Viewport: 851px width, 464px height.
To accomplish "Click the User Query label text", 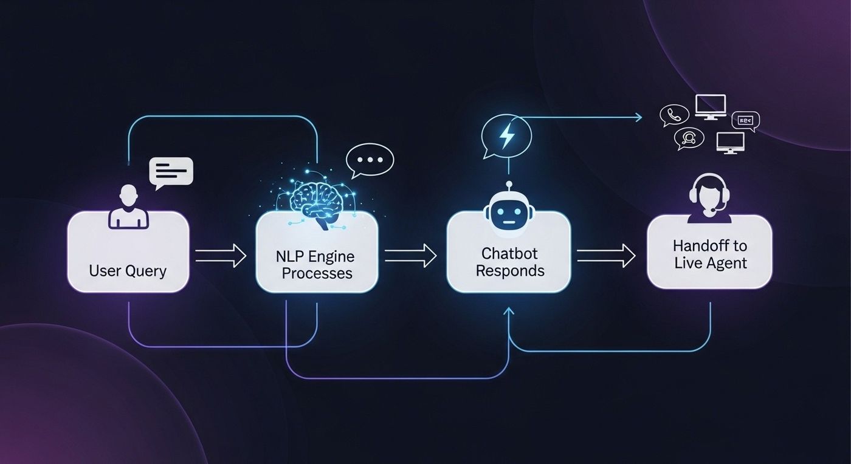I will pos(128,270).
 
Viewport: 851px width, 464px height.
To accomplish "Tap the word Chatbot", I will pos(509,253).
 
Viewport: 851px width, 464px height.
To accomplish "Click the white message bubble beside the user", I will pos(171,172).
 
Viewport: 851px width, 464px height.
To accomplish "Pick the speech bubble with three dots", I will pos(370,160).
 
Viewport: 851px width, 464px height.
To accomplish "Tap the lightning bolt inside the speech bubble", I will pos(506,137).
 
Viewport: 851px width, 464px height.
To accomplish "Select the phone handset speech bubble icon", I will pos(674,114).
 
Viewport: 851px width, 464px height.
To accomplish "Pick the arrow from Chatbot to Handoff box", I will pos(605,256).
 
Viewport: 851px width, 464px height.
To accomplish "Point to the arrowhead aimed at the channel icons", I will pos(638,117).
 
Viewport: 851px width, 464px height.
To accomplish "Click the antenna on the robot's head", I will pos(508,185).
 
